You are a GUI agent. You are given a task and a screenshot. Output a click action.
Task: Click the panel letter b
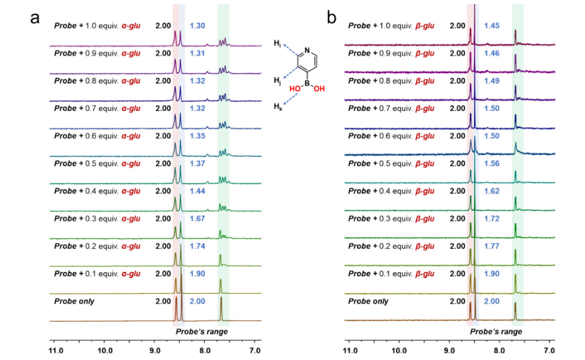point(332,18)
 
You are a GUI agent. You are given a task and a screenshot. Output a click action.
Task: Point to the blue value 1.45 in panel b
point(492,26)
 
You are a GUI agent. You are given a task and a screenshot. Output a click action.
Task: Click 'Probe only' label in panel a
point(74,301)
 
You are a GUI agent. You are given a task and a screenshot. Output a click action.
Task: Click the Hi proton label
point(277,44)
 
